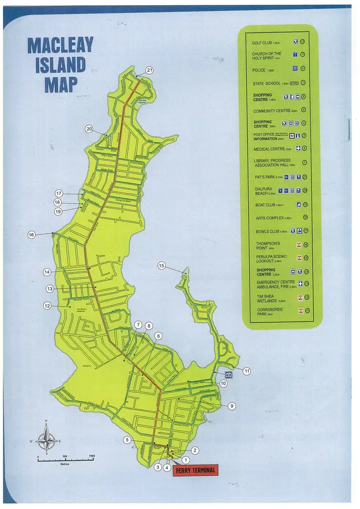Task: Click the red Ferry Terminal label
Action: click(195, 470)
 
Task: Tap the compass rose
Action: click(47, 438)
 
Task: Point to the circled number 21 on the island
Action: click(149, 71)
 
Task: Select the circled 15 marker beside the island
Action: click(161, 266)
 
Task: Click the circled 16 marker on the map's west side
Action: click(32, 235)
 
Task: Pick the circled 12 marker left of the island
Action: click(47, 306)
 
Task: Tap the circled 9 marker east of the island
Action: click(232, 406)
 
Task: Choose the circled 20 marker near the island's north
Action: click(89, 129)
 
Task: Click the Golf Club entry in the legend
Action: click(262, 43)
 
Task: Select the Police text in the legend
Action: click(259, 70)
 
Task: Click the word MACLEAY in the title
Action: click(60, 46)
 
